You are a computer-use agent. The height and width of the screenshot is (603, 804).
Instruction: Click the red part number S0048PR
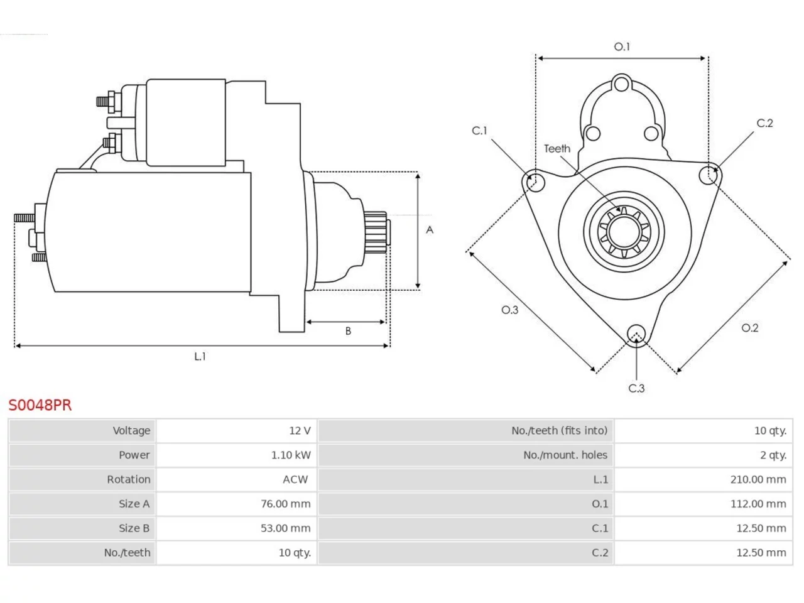pos(40,405)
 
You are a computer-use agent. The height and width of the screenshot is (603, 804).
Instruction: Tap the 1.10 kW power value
pos(291,455)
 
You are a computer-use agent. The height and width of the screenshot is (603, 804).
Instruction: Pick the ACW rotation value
pos(295,479)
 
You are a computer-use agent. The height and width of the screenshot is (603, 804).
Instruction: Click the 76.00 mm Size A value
pos(285,504)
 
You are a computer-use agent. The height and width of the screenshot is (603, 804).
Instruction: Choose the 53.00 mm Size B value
pos(285,528)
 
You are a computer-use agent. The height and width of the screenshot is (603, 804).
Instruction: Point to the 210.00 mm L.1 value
pos(758,479)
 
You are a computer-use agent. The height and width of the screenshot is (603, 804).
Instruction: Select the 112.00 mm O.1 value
pos(758,504)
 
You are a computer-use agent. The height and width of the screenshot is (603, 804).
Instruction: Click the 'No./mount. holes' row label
pos(565,455)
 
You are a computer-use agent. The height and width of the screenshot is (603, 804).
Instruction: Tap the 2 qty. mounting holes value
pos(773,455)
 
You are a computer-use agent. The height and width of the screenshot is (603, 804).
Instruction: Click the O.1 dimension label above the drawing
pos(622,46)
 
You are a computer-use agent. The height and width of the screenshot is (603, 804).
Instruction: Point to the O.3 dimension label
pos(510,310)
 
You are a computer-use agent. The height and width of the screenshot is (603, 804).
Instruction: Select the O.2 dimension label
pos(750,328)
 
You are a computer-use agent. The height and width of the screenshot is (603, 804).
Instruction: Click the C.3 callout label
pos(636,388)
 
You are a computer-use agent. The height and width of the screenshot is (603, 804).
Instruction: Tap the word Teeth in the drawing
pos(557,149)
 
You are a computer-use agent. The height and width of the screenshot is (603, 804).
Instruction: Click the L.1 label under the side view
pos(200,356)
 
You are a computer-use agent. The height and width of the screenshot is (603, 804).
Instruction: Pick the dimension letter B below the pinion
pos(348,331)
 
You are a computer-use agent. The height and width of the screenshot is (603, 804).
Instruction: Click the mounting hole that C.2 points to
pos(709,175)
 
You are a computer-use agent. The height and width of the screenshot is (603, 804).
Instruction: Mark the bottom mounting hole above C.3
pos(636,334)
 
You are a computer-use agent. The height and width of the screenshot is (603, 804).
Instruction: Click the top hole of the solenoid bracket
pos(621,84)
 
